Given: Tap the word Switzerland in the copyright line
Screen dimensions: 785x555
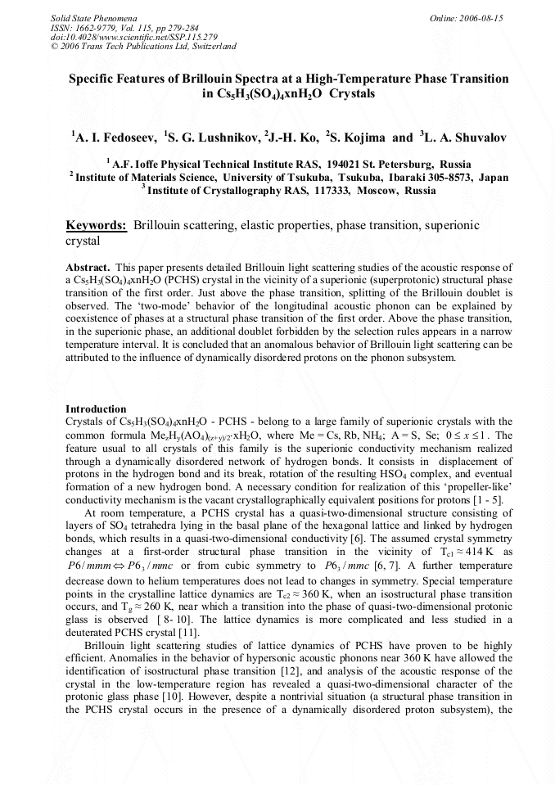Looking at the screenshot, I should click(213, 47).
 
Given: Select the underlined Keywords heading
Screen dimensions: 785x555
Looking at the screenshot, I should click(96, 225).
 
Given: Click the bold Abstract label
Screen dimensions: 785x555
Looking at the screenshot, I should click(87, 268).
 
